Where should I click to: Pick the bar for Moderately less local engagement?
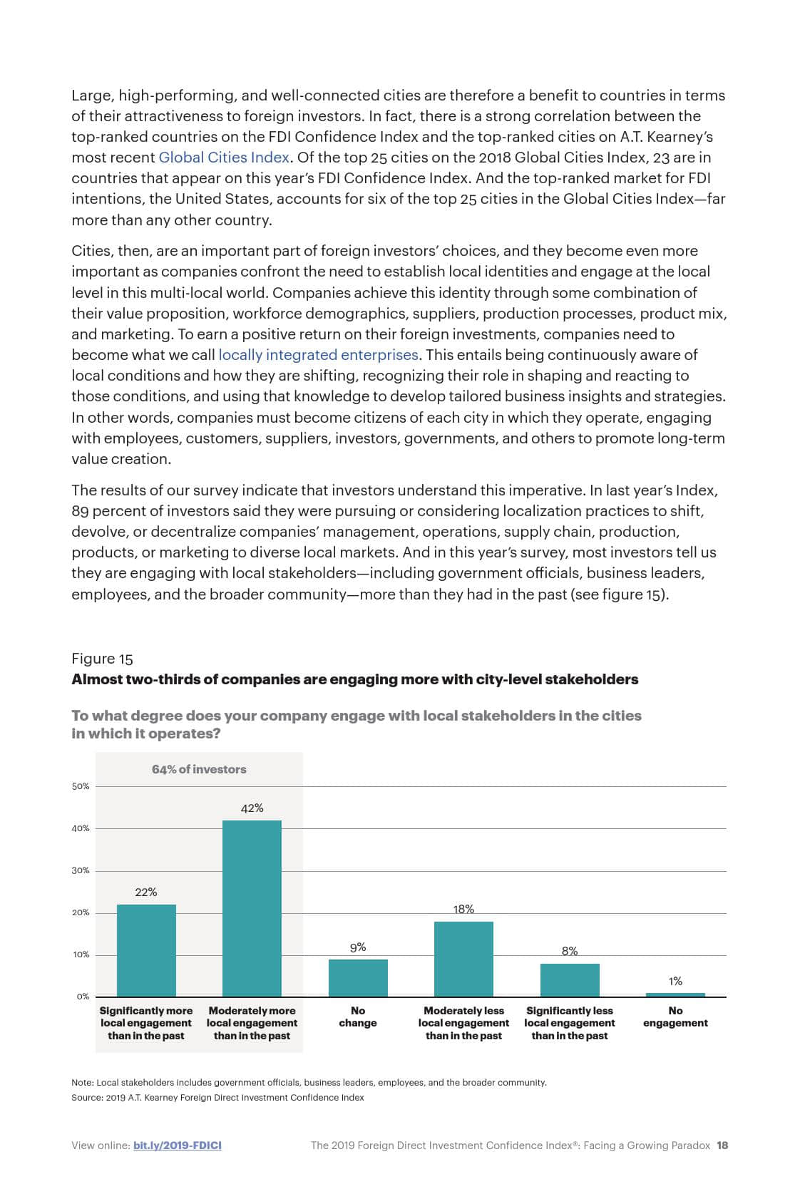463,959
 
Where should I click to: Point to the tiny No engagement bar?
675,994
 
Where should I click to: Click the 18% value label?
463,909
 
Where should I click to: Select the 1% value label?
675,981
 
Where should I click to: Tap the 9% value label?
358,947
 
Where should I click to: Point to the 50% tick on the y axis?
81,786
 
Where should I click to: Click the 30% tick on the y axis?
81,870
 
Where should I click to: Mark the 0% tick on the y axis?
83,997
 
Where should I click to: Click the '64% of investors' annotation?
199,769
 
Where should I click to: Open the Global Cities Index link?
224,158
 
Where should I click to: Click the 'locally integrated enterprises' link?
318,355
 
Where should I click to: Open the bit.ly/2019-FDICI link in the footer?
178,1145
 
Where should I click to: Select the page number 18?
722,1145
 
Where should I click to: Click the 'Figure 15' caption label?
102,659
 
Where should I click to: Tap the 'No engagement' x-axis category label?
675,1016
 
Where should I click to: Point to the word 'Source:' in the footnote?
87,1098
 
